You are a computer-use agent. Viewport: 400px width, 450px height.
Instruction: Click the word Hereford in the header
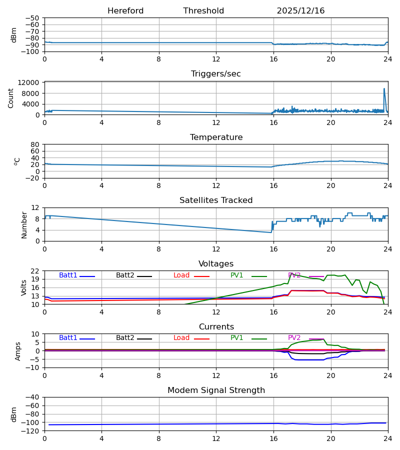click(x=125, y=11)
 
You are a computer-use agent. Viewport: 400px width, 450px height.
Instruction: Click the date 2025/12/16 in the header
click(x=300, y=11)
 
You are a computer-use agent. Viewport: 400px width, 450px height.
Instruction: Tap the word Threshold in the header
click(x=203, y=11)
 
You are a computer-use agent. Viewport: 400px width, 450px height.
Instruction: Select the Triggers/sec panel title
click(x=216, y=74)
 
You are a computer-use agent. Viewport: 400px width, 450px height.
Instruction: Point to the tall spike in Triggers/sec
click(x=384, y=89)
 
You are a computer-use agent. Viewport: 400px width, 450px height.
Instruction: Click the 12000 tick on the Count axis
click(x=32, y=82)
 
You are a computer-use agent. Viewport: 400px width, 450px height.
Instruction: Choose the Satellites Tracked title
click(x=216, y=200)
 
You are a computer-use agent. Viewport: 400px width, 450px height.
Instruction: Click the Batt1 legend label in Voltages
click(x=68, y=275)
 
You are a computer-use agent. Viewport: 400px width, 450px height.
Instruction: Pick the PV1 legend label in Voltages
click(x=236, y=275)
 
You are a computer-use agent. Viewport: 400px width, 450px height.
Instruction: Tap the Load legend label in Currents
click(x=181, y=338)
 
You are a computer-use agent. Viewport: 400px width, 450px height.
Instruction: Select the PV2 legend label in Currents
click(x=294, y=338)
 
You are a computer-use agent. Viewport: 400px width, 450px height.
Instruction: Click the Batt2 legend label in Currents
click(x=125, y=338)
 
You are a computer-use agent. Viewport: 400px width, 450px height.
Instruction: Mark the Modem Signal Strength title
click(x=216, y=390)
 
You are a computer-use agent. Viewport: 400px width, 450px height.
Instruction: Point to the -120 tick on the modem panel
click(x=31, y=431)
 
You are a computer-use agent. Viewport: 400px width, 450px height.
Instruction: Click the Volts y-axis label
click(x=24, y=287)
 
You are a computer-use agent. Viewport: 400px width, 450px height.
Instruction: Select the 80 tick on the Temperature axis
click(x=35, y=144)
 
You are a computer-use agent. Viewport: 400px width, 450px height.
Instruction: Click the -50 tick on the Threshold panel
click(x=33, y=18)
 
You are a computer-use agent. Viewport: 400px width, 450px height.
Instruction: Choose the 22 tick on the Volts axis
click(x=35, y=271)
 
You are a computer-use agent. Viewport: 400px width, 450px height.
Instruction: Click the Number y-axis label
click(x=24, y=224)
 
